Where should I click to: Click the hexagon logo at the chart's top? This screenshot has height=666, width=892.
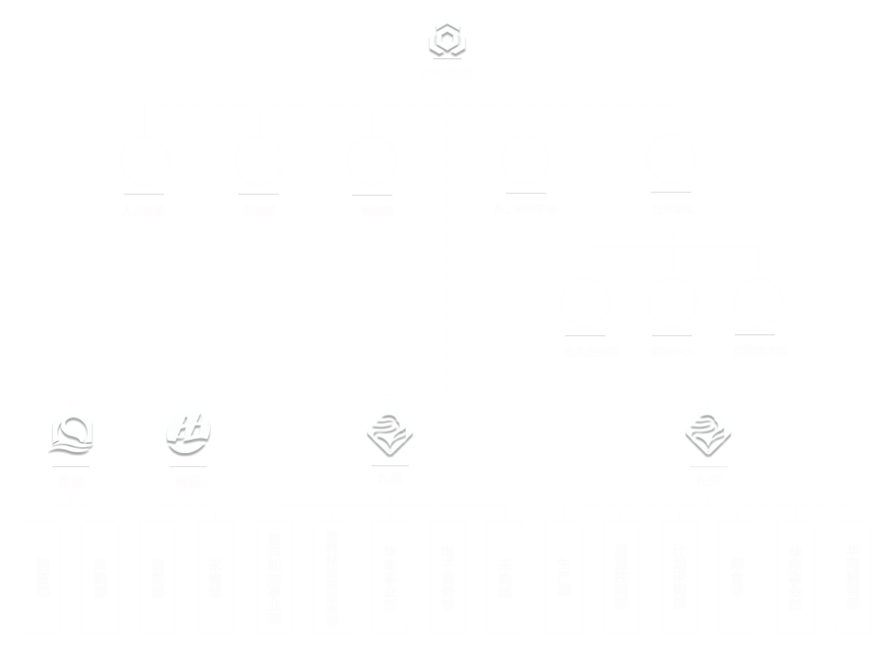[x=447, y=40]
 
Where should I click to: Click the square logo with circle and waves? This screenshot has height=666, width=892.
[x=72, y=433]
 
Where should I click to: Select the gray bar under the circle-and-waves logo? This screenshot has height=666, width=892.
[x=71, y=466]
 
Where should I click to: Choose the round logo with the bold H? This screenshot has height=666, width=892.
[x=188, y=433]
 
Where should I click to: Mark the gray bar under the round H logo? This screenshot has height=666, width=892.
[x=188, y=466]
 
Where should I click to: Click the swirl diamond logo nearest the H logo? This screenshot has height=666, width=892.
[x=390, y=433]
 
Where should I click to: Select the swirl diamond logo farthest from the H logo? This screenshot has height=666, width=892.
[x=708, y=433]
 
